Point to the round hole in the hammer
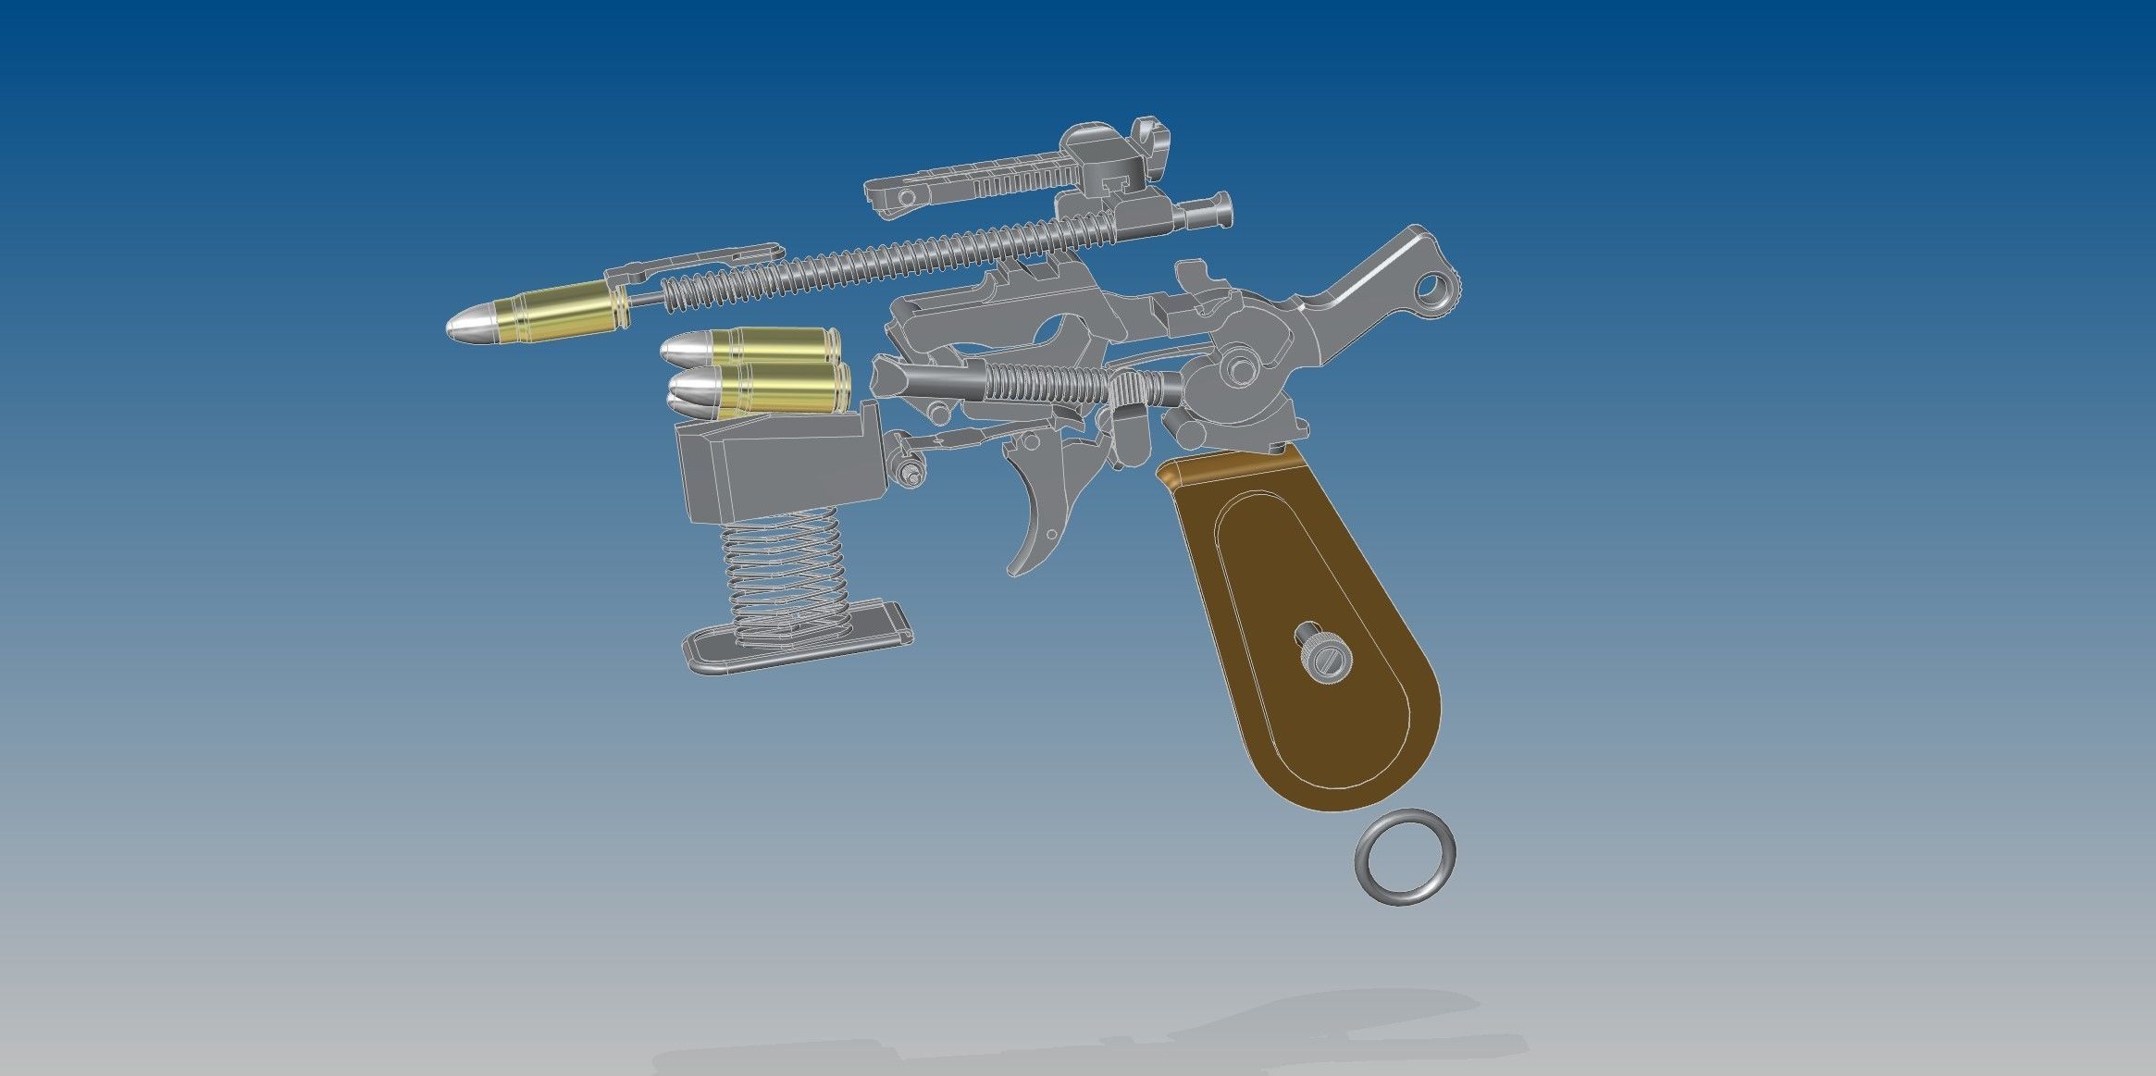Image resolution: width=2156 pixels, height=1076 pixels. [1434, 290]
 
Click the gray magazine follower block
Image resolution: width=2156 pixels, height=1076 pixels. [777, 467]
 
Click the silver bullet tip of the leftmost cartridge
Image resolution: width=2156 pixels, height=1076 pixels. [467, 326]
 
